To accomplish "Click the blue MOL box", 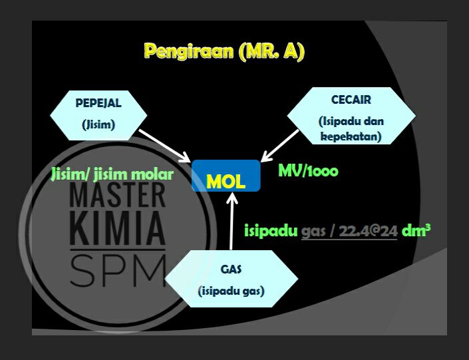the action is click(x=226, y=176).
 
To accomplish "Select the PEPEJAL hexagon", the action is click(x=98, y=115).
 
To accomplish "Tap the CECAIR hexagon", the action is click(x=351, y=116).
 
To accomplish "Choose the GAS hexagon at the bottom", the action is click(x=232, y=279).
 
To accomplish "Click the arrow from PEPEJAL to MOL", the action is click(x=164, y=146).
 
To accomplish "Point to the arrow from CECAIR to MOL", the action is click(x=279, y=146).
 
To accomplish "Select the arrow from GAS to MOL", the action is click(x=232, y=221).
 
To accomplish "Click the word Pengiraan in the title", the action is click(x=189, y=51).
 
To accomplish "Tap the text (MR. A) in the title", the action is click(x=271, y=51).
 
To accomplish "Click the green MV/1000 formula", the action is click(x=309, y=171).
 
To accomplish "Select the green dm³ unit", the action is click(x=416, y=230).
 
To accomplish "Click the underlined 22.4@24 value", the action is click(x=368, y=231).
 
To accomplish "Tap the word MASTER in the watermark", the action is click(x=117, y=195).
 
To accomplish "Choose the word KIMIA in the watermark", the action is click(x=117, y=228).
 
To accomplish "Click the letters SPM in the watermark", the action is click(x=118, y=270).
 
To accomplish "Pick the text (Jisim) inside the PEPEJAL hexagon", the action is click(x=98, y=124).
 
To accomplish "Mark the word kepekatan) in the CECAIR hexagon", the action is click(x=351, y=136).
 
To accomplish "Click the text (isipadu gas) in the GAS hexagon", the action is click(x=232, y=291).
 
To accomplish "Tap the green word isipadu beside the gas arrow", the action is click(x=271, y=231).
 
